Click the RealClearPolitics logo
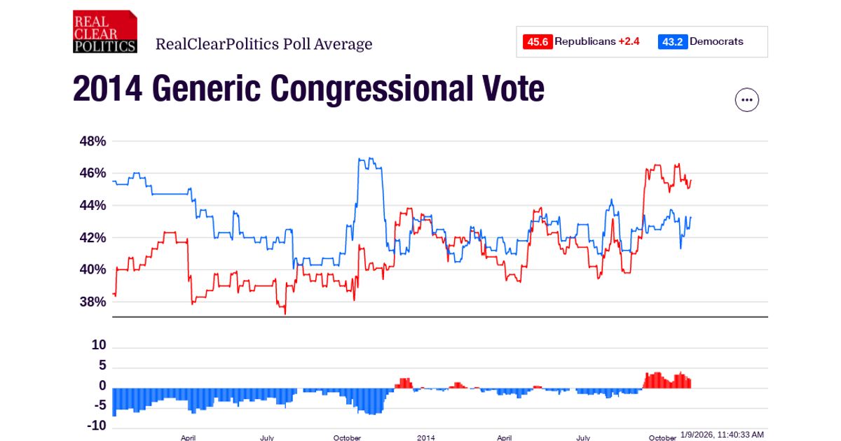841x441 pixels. (x=104, y=31)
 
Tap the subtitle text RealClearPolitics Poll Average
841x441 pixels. (x=264, y=45)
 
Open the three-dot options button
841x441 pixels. (x=746, y=100)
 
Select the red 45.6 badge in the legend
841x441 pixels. (x=537, y=42)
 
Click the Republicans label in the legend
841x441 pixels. (x=584, y=42)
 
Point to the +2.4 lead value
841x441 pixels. (x=629, y=42)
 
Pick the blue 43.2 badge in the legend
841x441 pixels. (x=672, y=42)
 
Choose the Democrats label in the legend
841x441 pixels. (x=716, y=42)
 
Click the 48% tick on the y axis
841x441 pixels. (x=92, y=141)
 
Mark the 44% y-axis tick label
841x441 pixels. (x=92, y=206)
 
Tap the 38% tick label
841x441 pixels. (x=92, y=302)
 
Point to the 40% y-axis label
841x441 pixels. (x=92, y=270)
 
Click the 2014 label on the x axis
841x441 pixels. (x=426, y=437)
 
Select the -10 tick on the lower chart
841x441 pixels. (x=96, y=426)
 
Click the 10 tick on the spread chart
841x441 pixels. (x=100, y=346)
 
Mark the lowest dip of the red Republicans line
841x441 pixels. (x=285, y=314)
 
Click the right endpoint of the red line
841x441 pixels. (x=691, y=181)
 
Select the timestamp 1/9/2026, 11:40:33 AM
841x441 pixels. (x=722, y=435)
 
